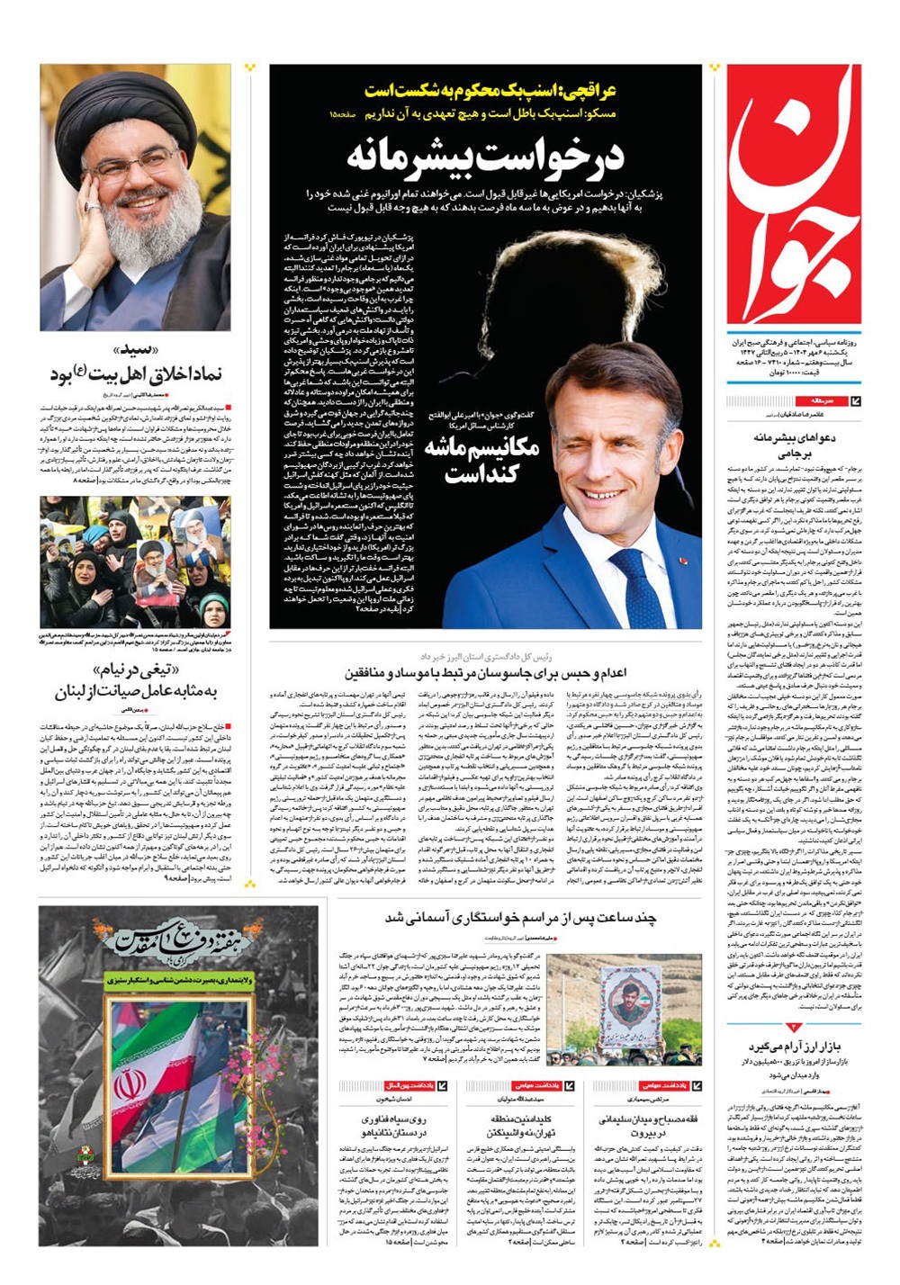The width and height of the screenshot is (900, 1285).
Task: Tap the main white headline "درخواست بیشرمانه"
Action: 485,155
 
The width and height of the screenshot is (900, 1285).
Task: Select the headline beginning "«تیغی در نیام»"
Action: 136,681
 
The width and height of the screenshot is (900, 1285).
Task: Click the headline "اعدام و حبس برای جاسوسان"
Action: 485,672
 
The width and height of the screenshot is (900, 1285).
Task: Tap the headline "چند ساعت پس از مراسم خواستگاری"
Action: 521,918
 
